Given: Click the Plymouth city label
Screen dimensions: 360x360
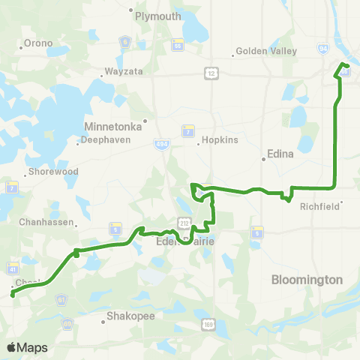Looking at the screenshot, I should pyautogui.click(x=158, y=16).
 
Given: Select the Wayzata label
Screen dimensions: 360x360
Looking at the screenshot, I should pyautogui.click(x=120, y=76).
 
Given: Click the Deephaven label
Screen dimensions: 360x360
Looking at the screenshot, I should pyautogui.click(x=102, y=139).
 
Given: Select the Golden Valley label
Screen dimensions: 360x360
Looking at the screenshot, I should pyautogui.click(x=266, y=51).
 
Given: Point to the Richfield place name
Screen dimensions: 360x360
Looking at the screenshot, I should pyautogui.click(x=320, y=205).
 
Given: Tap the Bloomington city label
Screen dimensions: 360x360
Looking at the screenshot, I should pyautogui.click(x=306, y=279).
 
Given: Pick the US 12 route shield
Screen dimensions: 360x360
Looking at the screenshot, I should pyautogui.click(x=211, y=71).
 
